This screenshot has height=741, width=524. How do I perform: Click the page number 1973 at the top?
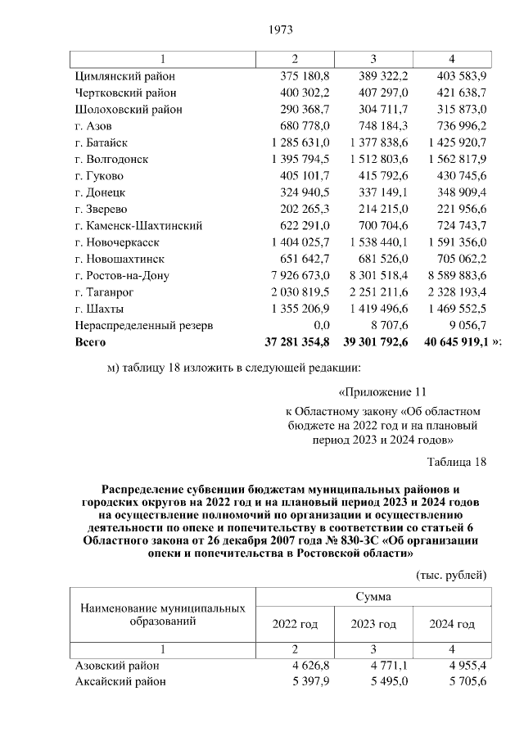(281, 30)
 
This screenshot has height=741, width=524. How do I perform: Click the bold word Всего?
(90, 341)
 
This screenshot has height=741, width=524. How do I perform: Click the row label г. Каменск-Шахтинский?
(138, 225)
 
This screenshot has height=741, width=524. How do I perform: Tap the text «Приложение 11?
(382, 391)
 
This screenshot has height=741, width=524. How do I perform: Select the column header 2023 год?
(373, 624)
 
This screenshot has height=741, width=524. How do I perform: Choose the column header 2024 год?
(452, 624)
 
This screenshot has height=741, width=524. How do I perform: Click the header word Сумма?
(373, 597)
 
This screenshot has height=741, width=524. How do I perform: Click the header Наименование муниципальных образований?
(162, 616)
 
